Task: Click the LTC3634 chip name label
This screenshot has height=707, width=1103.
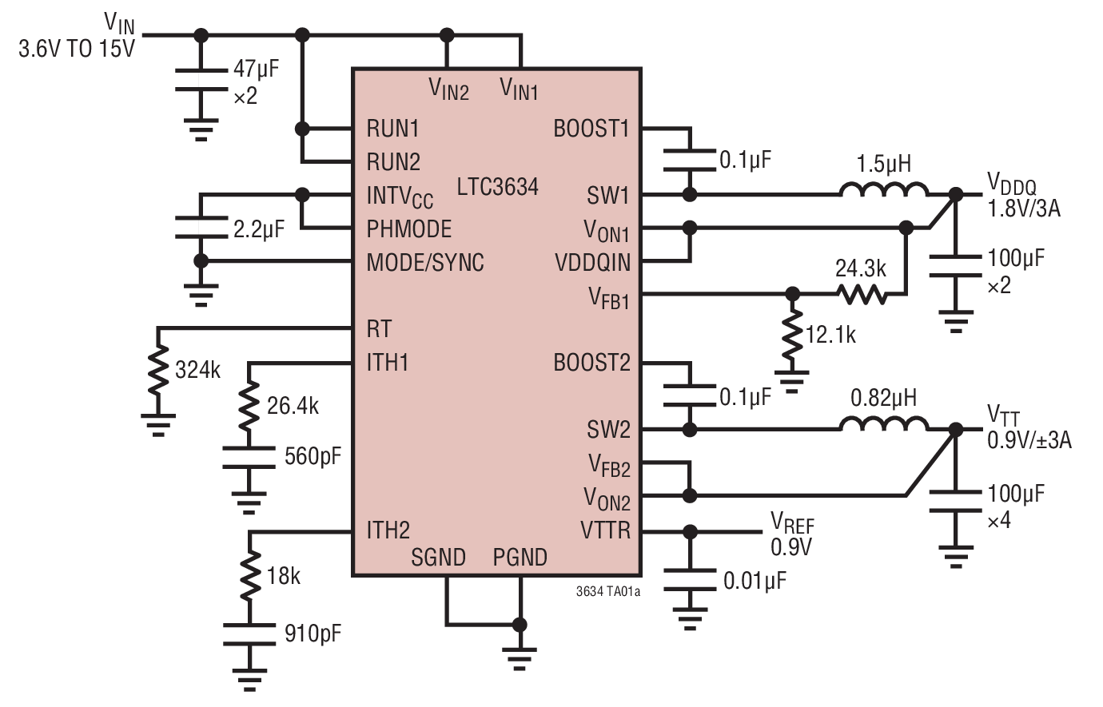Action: pos(497,187)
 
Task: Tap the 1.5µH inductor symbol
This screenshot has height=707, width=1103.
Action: pos(883,191)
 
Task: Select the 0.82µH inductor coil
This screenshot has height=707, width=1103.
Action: pos(883,425)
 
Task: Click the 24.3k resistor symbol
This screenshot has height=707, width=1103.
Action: pos(862,294)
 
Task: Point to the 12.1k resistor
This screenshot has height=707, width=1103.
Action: pos(792,336)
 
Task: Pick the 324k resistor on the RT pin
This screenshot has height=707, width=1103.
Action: pos(158,370)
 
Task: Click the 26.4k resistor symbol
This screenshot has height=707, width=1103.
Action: pos(249,407)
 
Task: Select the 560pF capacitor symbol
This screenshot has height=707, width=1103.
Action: pos(249,457)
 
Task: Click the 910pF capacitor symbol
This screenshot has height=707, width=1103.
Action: pos(249,634)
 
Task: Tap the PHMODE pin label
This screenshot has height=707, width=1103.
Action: pos(408,229)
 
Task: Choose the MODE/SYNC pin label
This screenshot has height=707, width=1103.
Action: pos(425,263)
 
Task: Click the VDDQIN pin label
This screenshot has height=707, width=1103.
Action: pos(592,263)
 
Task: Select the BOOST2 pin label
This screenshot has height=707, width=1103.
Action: pos(591,363)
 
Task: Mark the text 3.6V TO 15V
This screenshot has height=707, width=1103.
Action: pos(77,49)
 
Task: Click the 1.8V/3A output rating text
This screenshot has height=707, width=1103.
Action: pos(1024,209)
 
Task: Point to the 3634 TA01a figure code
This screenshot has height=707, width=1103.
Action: pos(607,592)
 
